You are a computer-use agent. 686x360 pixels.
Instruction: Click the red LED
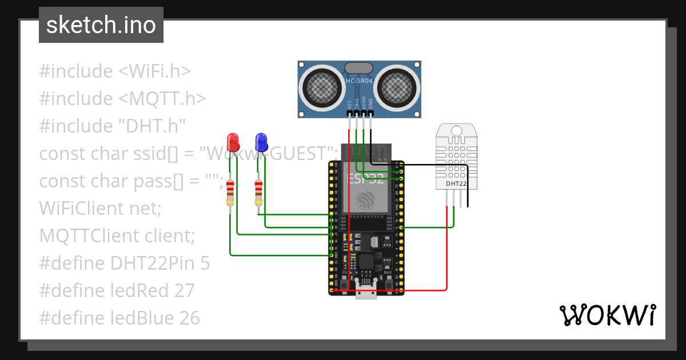233,142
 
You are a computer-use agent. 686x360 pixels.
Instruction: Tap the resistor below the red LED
230,193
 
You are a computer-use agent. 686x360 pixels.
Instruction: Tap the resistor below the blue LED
258,193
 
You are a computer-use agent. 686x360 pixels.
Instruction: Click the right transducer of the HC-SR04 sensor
398,86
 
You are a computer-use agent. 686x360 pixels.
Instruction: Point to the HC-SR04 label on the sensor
359,81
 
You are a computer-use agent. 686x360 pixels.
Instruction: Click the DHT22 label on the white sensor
456,183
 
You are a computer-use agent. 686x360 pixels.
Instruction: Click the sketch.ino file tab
101,25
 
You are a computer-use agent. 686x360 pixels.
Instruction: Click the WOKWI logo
607,315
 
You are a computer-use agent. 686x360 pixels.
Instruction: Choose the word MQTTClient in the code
89,236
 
